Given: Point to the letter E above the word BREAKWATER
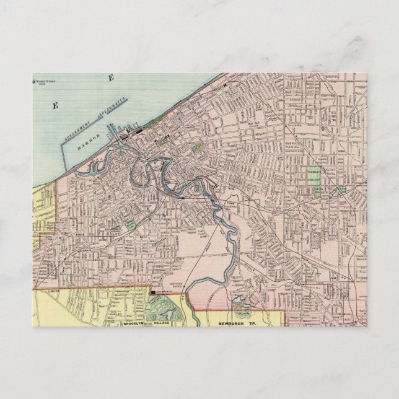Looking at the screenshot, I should coord(111,78).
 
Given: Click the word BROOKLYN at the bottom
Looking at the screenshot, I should coord(133,323).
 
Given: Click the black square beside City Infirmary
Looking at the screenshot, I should coord(152,290).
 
